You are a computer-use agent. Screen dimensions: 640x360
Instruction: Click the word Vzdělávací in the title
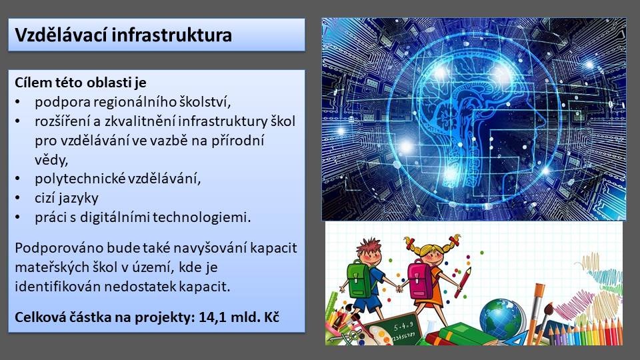[61, 35]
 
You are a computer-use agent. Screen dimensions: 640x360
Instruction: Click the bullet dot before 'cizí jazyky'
[17, 198]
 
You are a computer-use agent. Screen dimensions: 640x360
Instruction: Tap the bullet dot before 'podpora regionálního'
[17, 102]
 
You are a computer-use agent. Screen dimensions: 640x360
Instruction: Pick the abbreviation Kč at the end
[271, 317]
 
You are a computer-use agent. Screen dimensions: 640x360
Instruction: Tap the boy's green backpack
[359, 280]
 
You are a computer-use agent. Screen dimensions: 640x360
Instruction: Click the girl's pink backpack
[421, 280]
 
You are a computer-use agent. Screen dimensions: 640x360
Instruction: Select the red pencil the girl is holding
[463, 282]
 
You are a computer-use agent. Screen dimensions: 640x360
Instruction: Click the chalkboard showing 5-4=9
[393, 331]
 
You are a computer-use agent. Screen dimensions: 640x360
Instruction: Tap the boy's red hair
[369, 246]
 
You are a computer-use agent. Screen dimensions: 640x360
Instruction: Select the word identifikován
[57, 287]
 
